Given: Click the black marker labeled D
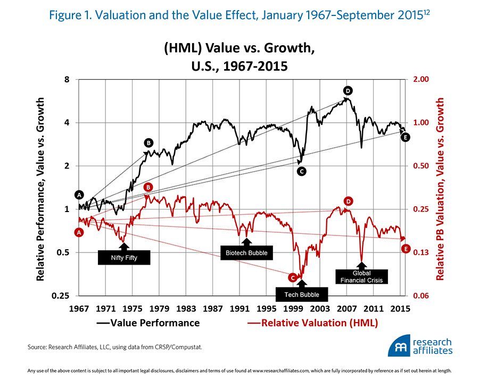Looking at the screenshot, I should tap(348, 90).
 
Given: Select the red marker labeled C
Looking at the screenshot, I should tap(292, 277).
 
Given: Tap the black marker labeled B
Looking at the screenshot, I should tap(148, 142).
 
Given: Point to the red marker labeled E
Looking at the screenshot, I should tap(406, 248).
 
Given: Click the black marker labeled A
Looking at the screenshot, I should tap(79, 195).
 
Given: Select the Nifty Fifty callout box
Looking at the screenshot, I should tap(124, 257).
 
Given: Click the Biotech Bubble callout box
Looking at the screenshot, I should tap(247, 252).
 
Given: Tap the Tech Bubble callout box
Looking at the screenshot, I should tap(302, 294).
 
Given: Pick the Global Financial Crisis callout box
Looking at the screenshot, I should tap(361, 276).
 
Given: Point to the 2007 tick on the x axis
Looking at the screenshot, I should tap(347, 308).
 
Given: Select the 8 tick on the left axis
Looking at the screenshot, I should tap(68, 80).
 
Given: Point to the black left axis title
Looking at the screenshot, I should tap(41, 188).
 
